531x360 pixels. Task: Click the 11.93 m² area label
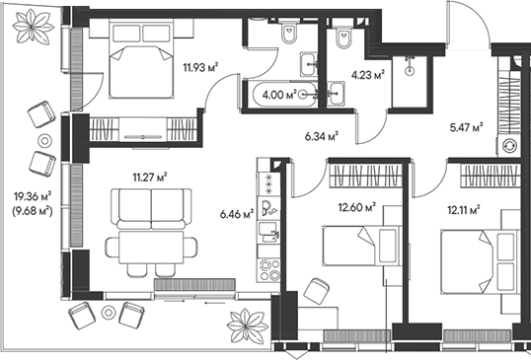tap(198, 68)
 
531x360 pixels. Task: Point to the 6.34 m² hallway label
tap(321, 137)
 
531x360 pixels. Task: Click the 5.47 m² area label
tap(466, 127)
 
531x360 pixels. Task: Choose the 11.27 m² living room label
tap(150, 178)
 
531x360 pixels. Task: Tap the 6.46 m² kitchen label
tap(237, 212)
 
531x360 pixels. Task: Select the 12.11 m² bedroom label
tap(462, 209)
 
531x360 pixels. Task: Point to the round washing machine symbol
tap(509, 145)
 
